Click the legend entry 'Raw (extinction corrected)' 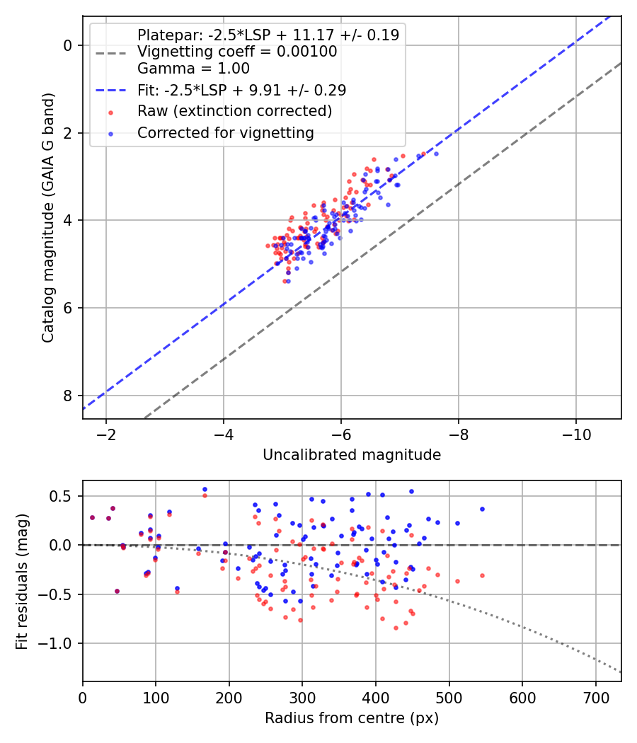[x=234, y=111]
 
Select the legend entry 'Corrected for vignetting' [x=226, y=133]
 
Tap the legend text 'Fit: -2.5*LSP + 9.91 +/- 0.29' [x=242, y=90]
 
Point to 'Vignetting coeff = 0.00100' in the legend [x=237, y=52]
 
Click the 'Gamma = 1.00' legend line [x=193, y=69]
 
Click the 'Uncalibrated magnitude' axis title [x=352, y=455]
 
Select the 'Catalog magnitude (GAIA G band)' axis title [x=48, y=217]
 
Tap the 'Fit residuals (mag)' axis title [x=22, y=582]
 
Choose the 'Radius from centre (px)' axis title [x=352, y=718]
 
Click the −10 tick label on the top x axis [x=576, y=434]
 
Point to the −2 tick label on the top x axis [x=105, y=434]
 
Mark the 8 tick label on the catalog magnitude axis [x=68, y=396]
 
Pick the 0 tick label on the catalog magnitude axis [x=68, y=45]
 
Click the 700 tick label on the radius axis [x=596, y=698]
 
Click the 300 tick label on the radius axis [x=302, y=698]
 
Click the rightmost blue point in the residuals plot [x=483, y=509]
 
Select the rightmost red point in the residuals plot [x=483, y=576]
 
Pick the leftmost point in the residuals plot [x=93, y=517]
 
